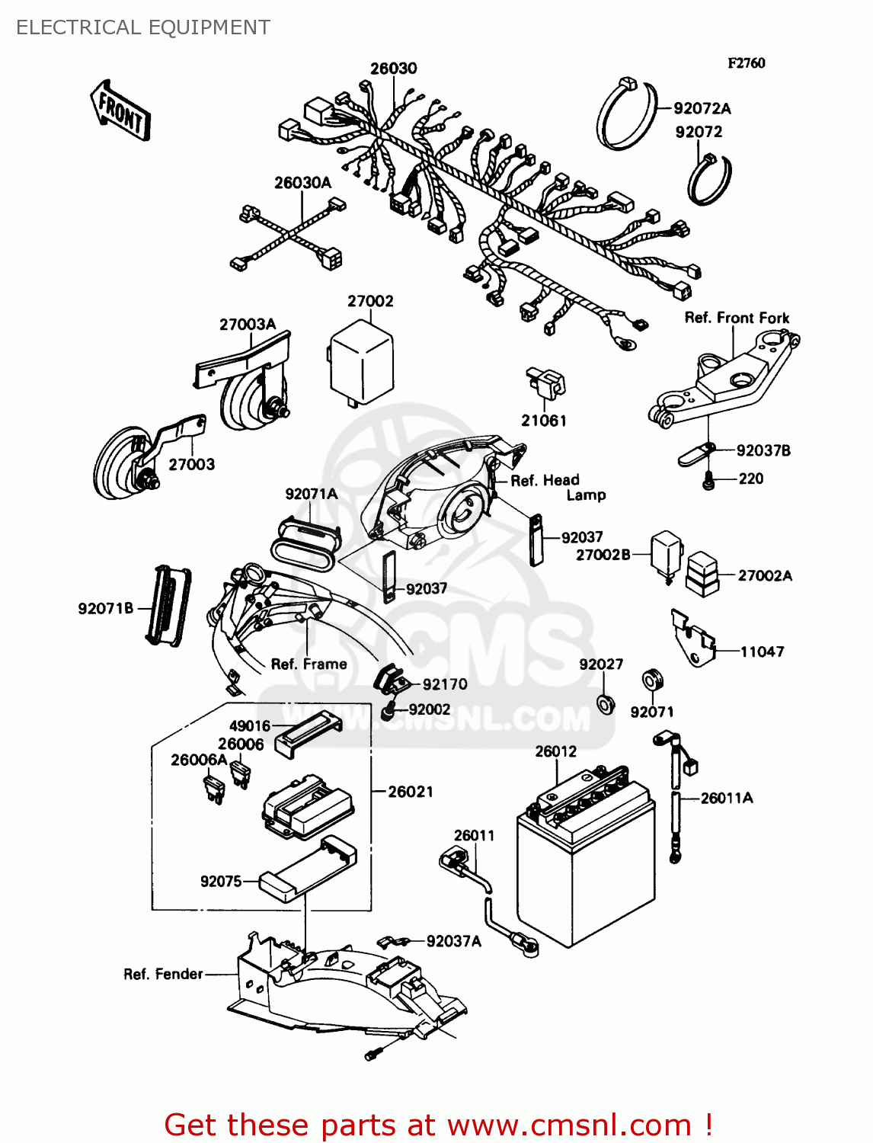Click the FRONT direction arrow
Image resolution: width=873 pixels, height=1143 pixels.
[120, 111]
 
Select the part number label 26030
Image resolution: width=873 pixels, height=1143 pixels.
[393, 69]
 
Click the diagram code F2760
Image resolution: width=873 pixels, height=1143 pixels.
[746, 63]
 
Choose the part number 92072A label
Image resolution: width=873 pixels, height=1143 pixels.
[702, 108]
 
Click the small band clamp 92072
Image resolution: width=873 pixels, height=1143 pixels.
[709, 180]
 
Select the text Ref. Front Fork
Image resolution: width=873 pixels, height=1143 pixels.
[737, 318]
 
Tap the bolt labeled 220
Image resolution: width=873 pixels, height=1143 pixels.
[708, 481]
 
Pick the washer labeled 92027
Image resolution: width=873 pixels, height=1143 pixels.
[606, 703]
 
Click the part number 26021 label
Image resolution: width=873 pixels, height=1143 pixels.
[411, 792]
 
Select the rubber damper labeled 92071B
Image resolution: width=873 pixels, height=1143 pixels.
[168, 606]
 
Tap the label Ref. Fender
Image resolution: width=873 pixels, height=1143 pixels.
[163, 974]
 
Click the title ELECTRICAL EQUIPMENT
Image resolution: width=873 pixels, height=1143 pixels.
[143, 28]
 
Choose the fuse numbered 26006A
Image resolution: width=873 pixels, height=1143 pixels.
[214, 789]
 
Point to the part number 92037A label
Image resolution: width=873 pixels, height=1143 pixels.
[453, 941]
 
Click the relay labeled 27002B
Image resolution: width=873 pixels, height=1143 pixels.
[666, 555]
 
